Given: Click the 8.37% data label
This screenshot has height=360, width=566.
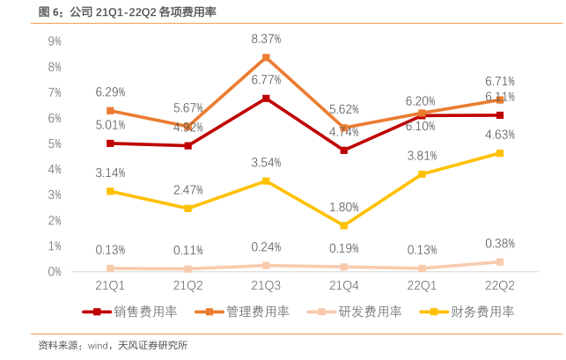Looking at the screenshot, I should [266, 40].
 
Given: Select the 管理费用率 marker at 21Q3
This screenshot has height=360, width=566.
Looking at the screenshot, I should [266, 57].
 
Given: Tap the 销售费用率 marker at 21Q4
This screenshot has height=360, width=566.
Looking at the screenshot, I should [344, 151].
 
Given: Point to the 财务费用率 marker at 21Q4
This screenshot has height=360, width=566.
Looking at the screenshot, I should [344, 225].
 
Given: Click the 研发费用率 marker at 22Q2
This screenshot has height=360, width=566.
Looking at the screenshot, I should [500, 262].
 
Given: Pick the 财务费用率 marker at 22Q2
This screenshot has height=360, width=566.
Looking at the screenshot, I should [500, 153].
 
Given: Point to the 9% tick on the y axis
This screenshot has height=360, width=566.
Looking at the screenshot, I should [55, 41].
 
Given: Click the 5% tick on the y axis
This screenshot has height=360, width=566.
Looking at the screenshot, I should [55, 143].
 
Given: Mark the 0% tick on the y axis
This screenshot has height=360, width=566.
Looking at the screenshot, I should [55, 272].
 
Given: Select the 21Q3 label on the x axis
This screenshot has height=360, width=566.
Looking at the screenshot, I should [266, 285].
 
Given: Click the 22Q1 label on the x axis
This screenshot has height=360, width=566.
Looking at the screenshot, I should [422, 285].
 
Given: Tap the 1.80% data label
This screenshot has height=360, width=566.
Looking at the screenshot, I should [344, 208].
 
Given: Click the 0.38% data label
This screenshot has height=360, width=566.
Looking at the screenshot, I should [500, 244].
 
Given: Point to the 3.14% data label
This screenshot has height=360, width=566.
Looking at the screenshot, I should [110, 173].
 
